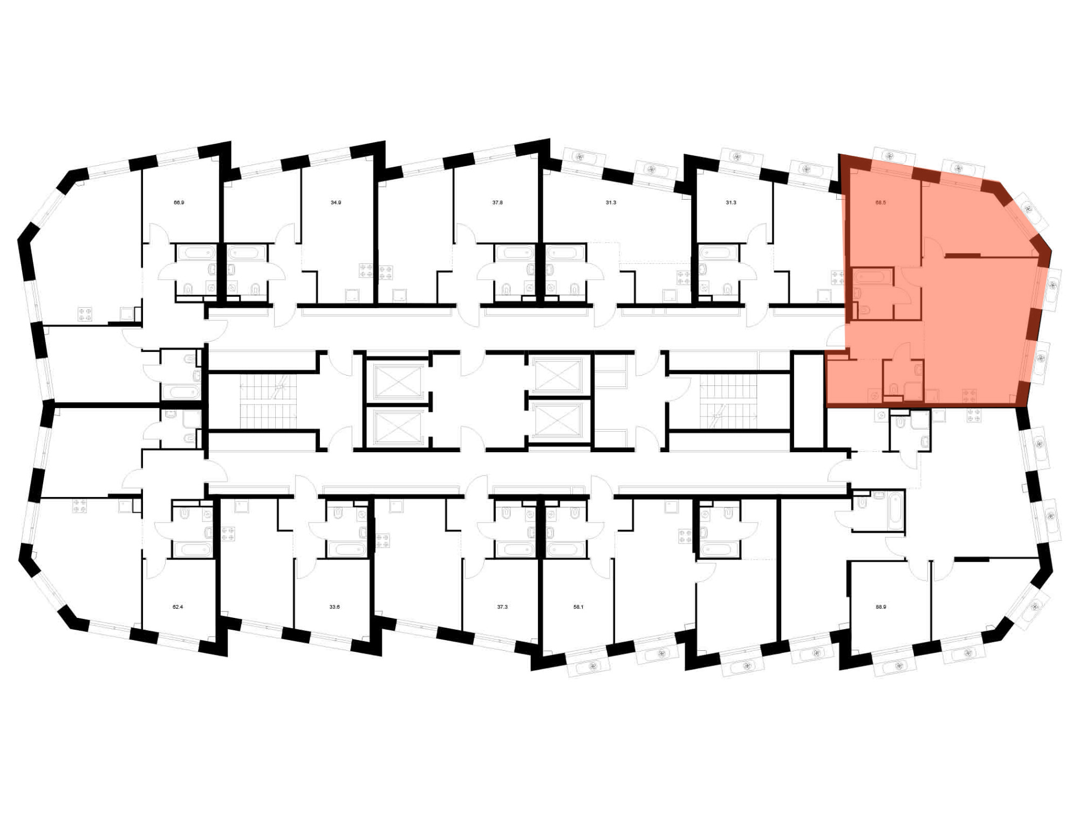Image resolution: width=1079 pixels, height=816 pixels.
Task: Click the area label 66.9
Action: [x=179, y=203]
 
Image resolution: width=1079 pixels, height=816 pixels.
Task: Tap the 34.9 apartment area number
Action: [x=336, y=203]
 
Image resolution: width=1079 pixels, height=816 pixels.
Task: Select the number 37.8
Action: [x=497, y=203]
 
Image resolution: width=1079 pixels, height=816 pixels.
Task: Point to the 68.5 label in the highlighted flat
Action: [x=880, y=203]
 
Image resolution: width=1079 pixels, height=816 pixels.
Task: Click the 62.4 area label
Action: [x=177, y=607]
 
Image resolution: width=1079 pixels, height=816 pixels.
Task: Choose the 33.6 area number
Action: [x=334, y=607]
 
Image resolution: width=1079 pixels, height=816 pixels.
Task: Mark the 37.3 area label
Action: [x=502, y=607]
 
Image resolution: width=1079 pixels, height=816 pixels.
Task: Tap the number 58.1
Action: [x=578, y=607]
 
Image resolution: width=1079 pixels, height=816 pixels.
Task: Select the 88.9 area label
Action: [x=880, y=607]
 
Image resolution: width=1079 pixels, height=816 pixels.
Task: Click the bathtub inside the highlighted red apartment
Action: [x=872, y=277]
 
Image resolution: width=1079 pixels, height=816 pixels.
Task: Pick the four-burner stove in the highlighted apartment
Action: [x=969, y=396]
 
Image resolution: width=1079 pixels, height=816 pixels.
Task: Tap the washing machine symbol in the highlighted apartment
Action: [x=874, y=396]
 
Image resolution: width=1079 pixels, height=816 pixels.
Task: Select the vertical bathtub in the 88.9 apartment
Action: [x=894, y=509]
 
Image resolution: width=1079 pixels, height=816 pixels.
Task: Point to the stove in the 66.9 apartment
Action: [x=85, y=314]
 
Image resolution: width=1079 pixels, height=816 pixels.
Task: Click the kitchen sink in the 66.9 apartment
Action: [x=127, y=314]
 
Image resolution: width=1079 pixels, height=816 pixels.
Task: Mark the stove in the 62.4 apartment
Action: [x=79, y=506]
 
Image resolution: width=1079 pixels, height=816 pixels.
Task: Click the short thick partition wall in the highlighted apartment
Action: [x=962, y=254]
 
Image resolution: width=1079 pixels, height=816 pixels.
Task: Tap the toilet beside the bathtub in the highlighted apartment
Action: [x=863, y=310]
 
